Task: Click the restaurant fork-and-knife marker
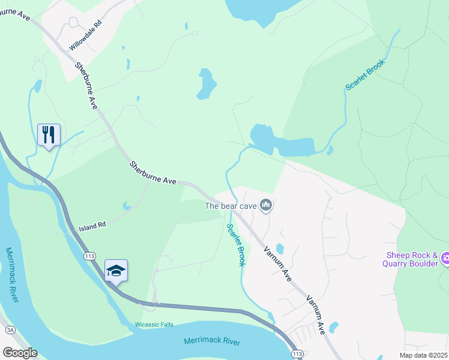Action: [49, 134]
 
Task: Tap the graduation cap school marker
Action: [116, 271]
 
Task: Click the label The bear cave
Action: [231, 206]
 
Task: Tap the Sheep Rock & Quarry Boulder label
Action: [411, 259]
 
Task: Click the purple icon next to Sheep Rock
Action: [445, 259]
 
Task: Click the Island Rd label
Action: [92, 226]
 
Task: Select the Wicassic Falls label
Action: [154, 325]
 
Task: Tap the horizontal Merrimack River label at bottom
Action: [211, 342]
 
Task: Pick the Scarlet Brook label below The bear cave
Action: [236, 245]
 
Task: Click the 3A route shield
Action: [10, 330]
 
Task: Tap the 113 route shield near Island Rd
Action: [90, 256]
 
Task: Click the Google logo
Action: [20, 353]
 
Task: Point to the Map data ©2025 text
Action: [424, 355]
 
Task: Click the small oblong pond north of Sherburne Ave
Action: [206, 84]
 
